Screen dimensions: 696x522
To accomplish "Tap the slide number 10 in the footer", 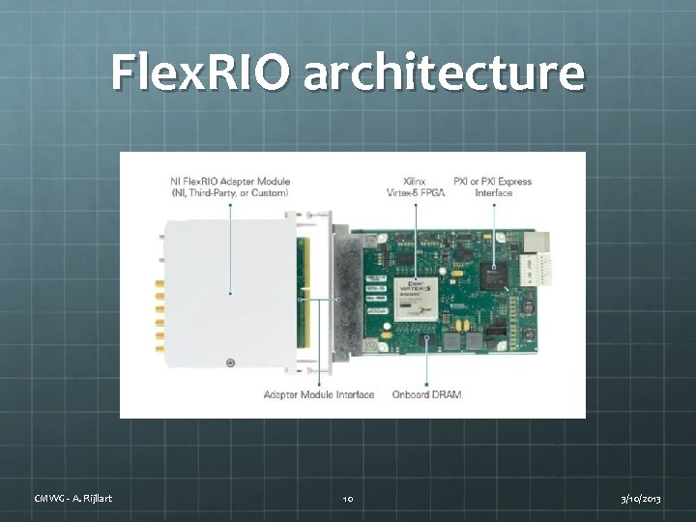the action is coord(348,498).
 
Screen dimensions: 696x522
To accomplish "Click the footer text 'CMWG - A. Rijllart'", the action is coord(72,498).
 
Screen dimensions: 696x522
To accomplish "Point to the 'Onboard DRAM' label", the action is coord(426,394).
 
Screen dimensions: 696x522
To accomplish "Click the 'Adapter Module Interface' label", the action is coord(319,394).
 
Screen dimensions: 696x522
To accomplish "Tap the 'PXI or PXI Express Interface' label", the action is coord(492,187).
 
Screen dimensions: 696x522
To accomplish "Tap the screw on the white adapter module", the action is coord(229,362).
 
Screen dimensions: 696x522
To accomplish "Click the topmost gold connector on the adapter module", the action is coord(159,283).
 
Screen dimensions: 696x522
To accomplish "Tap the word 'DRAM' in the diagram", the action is coord(445,394).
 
